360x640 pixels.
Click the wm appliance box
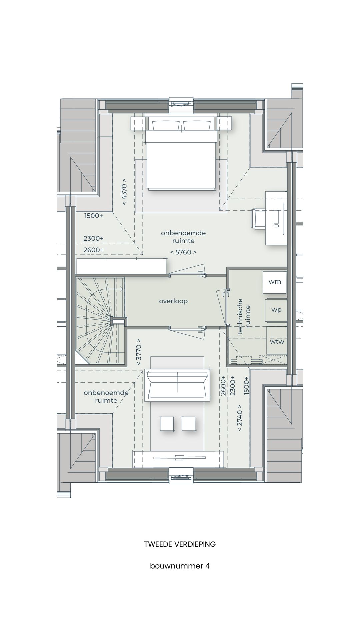click(275, 282)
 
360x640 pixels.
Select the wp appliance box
click(276, 310)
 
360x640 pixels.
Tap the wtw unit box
click(277, 342)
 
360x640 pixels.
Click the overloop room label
click(173, 301)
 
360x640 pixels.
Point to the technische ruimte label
click(245, 316)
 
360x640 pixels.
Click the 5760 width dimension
click(183, 252)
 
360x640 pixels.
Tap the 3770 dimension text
click(139, 352)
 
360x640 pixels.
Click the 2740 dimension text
click(240, 418)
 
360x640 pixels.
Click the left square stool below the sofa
click(167, 423)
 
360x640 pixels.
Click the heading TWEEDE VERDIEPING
click(180, 544)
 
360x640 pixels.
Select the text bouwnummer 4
click(180, 566)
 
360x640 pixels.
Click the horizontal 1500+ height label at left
click(93, 216)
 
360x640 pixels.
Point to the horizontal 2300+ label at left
click(93, 239)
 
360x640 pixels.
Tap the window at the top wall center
click(181, 105)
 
